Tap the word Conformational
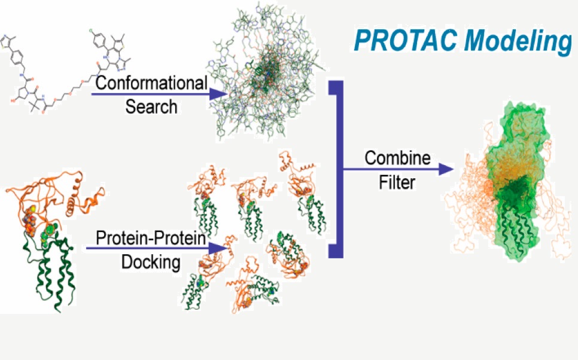[151, 83]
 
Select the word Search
[151, 107]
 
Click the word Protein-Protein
[151, 238]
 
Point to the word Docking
[151, 263]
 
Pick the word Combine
[397, 158]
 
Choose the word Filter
[397, 182]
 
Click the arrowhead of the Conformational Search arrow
[217, 94]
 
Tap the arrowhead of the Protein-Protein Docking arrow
[217, 248]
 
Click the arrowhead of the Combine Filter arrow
[446, 169]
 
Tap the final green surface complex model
[514, 181]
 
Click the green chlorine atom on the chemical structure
[92, 32]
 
